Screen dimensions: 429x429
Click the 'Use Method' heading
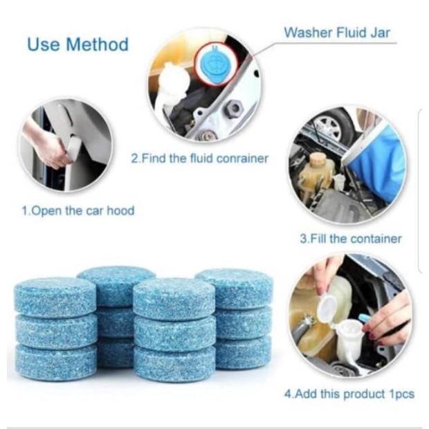pos(77,45)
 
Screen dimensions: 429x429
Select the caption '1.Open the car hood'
pos(77,210)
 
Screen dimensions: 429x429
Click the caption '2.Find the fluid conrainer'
pos(199,158)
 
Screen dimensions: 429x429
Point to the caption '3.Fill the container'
pos(350,239)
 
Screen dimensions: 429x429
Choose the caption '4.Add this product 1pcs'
pos(349,394)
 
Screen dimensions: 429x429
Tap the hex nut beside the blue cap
pos(234,108)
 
